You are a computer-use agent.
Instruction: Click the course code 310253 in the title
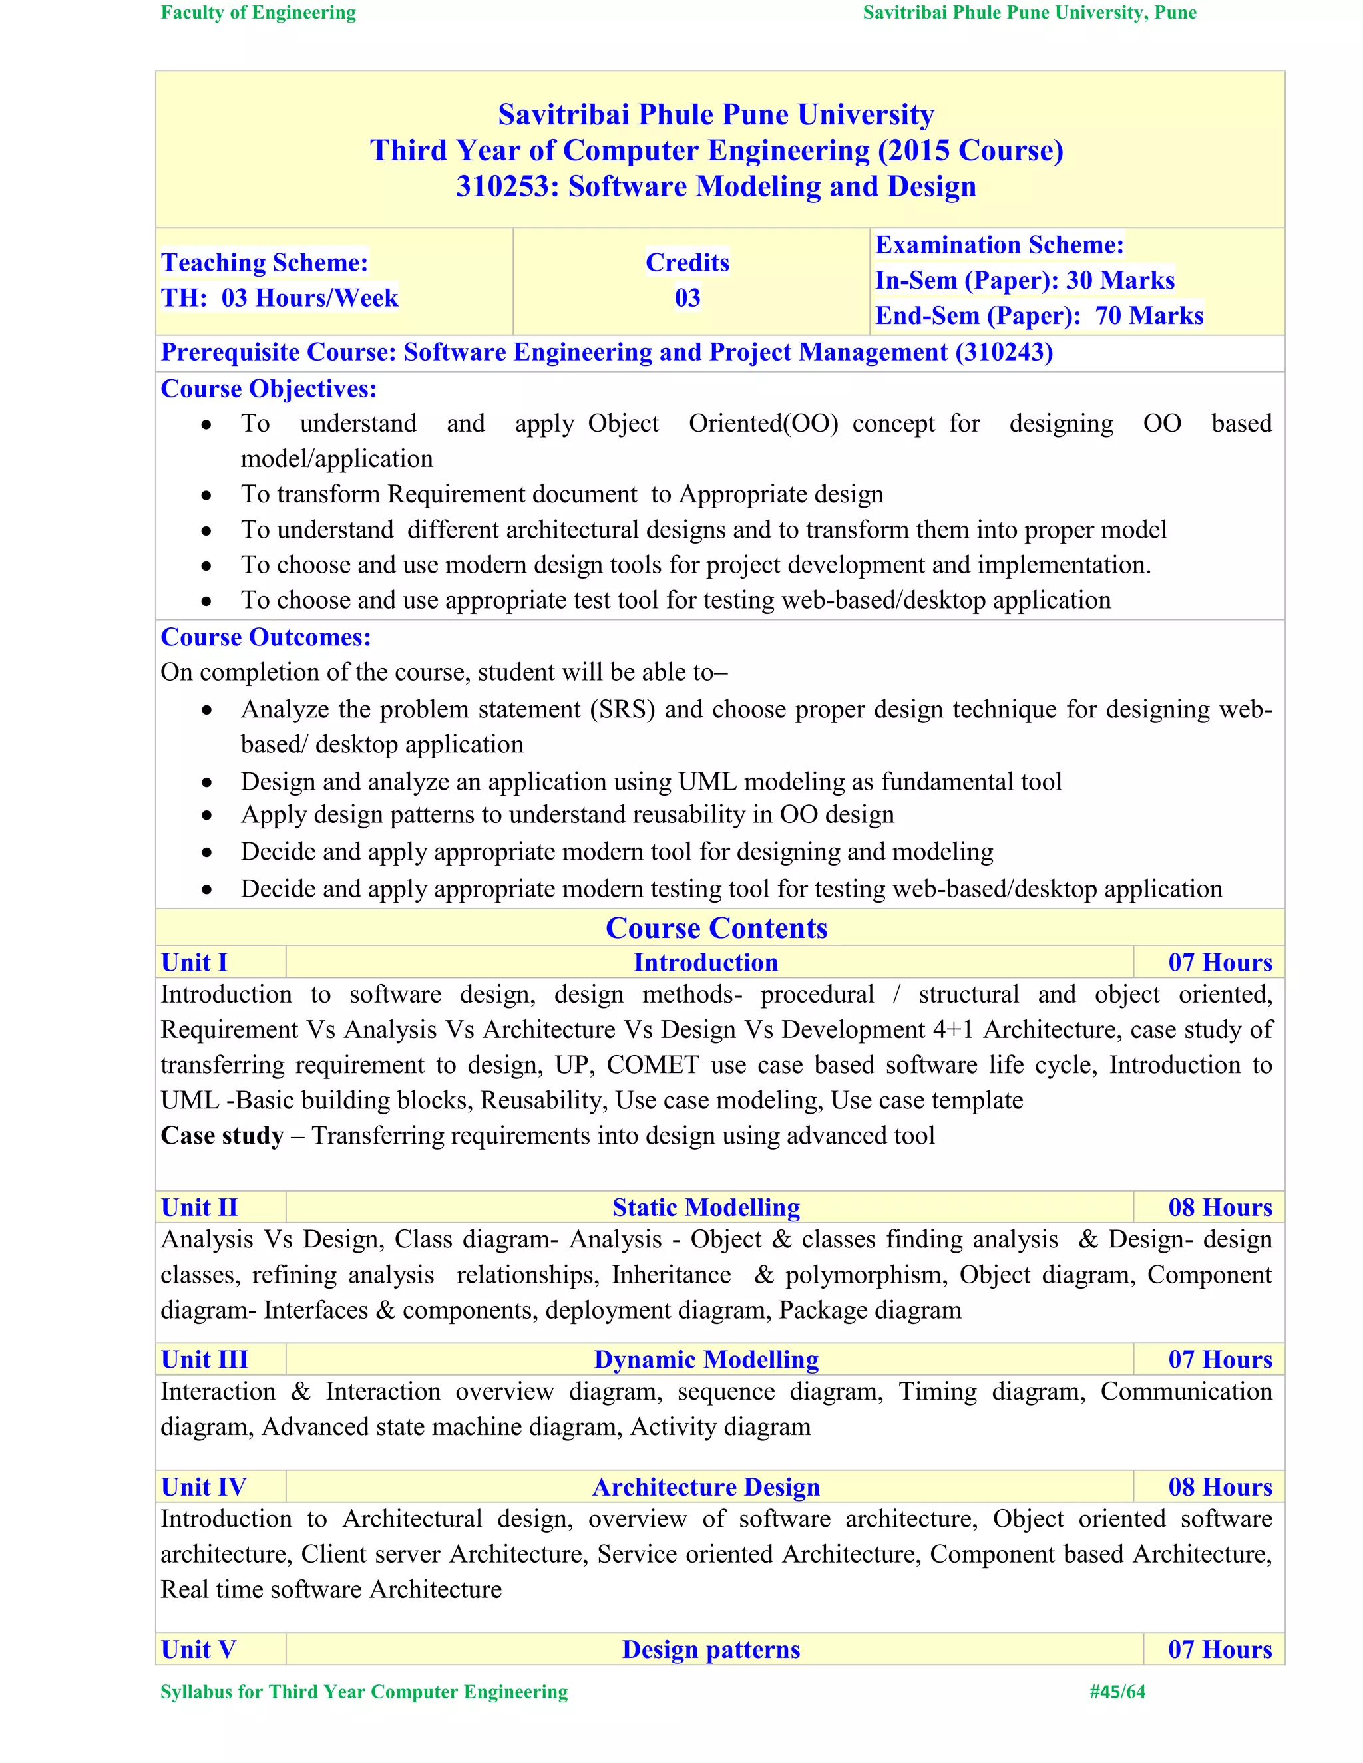pyautogui.click(x=507, y=186)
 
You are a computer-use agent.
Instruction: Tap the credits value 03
pyautogui.click(x=687, y=298)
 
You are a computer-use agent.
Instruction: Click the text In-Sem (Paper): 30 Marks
pyautogui.click(x=1024, y=280)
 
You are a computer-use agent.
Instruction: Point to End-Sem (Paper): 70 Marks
pyautogui.click(x=1038, y=315)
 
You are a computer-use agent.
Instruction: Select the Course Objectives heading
pyautogui.click(x=268, y=389)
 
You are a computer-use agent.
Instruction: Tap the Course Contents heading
pyautogui.click(x=716, y=927)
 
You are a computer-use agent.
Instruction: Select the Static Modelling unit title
pyautogui.click(x=705, y=1207)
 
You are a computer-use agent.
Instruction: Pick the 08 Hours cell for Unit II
pyautogui.click(x=1219, y=1207)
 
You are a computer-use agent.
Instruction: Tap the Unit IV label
pyautogui.click(x=203, y=1487)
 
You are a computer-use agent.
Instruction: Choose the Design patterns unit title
pyautogui.click(x=711, y=1649)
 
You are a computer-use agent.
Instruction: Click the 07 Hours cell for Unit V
pyautogui.click(x=1219, y=1649)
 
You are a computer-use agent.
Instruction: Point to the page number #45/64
pyautogui.click(x=1117, y=1692)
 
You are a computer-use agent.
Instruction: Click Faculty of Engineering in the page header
pyautogui.click(x=258, y=13)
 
